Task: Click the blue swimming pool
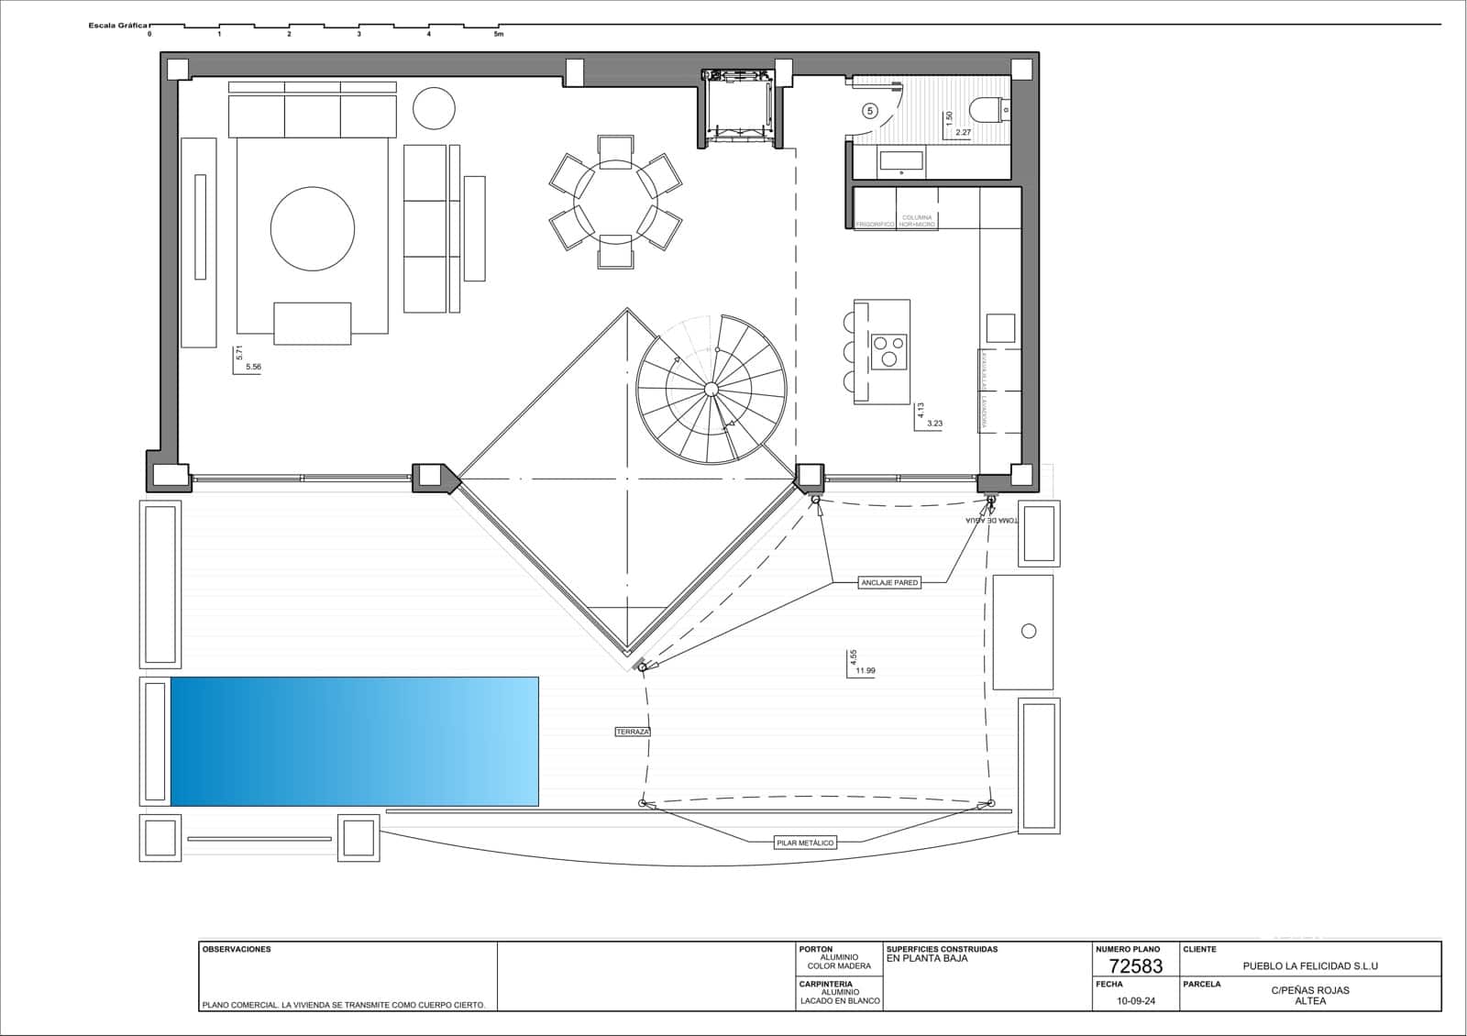[354, 741]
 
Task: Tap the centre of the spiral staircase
[711, 390]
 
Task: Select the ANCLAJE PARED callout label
[889, 582]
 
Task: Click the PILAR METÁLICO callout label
[805, 842]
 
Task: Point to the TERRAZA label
[633, 732]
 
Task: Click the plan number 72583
[1135, 965]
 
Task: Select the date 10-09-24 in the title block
[1136, 1001]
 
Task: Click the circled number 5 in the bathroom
[870, 110]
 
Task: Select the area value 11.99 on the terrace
[866, 671]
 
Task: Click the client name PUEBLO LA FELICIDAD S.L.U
[1310, 965]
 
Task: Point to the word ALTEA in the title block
[1310, 1001]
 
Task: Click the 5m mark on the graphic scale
[498, 34]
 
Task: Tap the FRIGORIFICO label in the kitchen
[875, 225]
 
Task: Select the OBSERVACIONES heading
[237, 950]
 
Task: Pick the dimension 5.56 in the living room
[253, 367]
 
